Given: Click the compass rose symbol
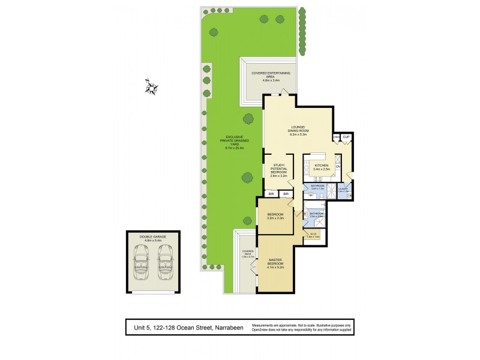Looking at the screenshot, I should pyautogui.click(x=152, y=87).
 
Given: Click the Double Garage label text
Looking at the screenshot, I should pyautogui.click(x=154, y=238).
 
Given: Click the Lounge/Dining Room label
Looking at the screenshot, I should pyautogui.click(x=298, y=130).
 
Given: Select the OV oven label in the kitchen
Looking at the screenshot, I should pyautogui.click(x=338, y=166).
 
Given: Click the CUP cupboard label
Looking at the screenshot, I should pyautogui.click(x=346, y=137).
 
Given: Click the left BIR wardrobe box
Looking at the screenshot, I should pyautogui.click(x=272, y=194).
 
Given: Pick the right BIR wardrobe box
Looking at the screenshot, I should pyautogui.click(x=286, y=194).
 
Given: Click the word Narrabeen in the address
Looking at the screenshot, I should pyautogui.click(x=225, y=328).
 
